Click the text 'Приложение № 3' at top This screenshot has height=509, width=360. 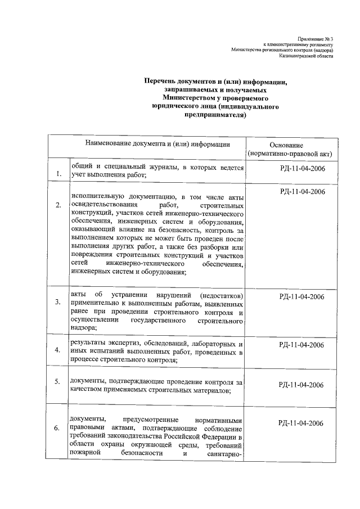click(317, 38)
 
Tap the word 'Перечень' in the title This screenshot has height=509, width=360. click(161, 83)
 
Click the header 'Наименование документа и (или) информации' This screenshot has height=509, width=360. click(157, 144)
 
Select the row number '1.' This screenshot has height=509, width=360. click(58, 174)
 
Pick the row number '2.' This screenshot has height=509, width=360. click(58, 205)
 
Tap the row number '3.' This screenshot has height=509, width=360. click(58, 303)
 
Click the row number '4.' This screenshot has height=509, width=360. click(58, 350)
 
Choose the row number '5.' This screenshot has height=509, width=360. click(58, 382)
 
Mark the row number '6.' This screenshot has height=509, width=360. click(58, 429)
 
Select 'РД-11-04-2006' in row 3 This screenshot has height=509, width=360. click(301, 296)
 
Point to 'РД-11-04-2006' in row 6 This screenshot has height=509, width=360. click(301, 424)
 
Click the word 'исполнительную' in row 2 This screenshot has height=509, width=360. click(94, 197)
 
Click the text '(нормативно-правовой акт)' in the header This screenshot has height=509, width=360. click(290, 154)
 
